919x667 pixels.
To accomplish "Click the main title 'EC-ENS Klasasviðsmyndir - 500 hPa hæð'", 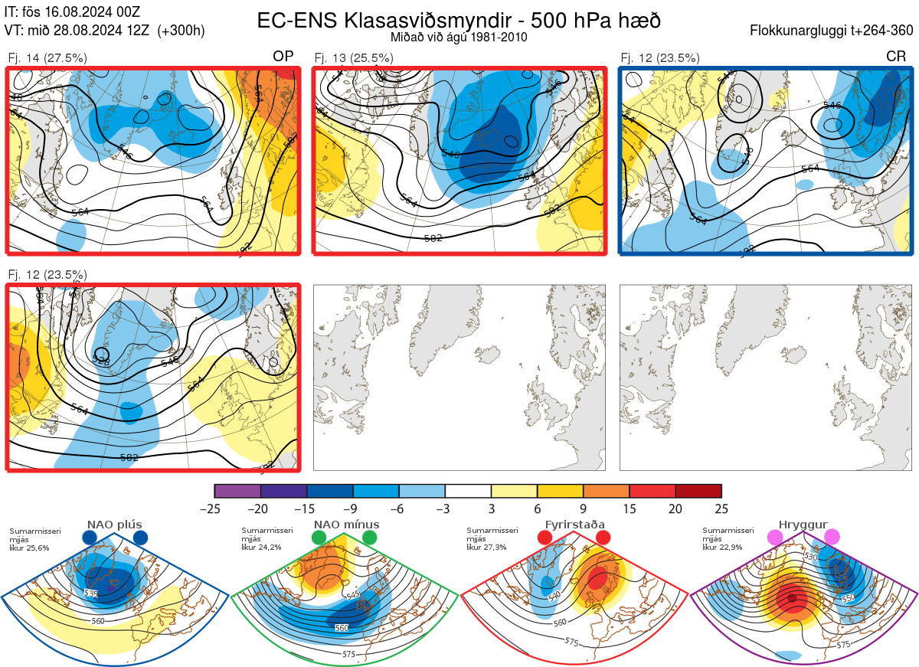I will tap(459, 20).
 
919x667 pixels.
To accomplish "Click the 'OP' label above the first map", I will tap(283, 57).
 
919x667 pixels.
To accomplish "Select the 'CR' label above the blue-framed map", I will tap(895, 57).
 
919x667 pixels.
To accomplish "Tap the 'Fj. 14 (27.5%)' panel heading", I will tap(47, 57).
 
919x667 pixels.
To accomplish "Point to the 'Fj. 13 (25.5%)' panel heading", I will tap(354, 57).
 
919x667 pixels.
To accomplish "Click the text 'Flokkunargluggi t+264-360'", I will tap(833, 31).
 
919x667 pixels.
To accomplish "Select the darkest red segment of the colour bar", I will tap(698, 491).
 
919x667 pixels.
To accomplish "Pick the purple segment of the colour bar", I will tap(237, 491).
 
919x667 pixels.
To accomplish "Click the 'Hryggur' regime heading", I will tap(806, 525).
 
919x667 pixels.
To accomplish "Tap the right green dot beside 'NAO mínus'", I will tap(370, 538).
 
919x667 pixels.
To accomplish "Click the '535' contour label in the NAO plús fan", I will tap(91, 593).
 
